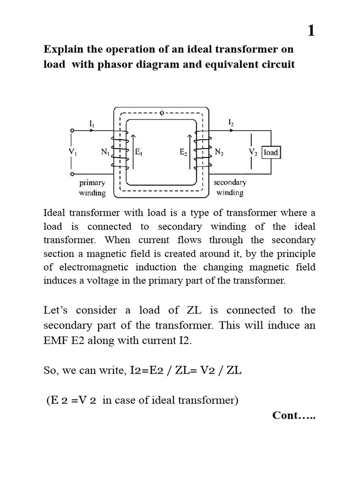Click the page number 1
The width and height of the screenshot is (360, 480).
(x=311, y=31)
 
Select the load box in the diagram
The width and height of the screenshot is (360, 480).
(x=271, y=152)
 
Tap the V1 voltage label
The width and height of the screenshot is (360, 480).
(x=73, y=152)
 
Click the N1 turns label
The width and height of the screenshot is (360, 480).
(x=105, y=152)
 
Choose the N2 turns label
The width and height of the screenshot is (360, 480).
(x=219, y=152)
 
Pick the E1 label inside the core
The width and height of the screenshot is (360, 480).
(x=139, y=152)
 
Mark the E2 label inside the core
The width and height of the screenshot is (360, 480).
(x=183, y=152)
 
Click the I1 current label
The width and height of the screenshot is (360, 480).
(x=92, y=124)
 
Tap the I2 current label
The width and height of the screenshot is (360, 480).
(x=231, y=123)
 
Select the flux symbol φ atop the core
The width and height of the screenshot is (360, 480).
(x=162, y=113)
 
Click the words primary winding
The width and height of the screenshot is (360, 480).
(x=92, y=187)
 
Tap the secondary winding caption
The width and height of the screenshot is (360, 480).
(x=230, y=187)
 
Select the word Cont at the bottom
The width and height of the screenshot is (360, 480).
(x=286, y=416)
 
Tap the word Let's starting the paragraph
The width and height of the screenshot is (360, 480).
(x=56, y=310)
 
